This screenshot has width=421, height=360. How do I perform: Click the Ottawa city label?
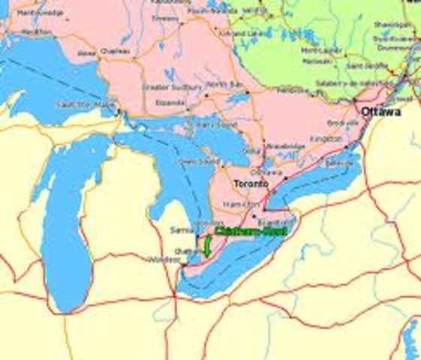click(380, 112)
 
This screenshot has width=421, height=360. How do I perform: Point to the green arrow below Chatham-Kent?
click(206, 246)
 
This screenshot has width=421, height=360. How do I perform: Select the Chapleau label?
click(115, 51)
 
